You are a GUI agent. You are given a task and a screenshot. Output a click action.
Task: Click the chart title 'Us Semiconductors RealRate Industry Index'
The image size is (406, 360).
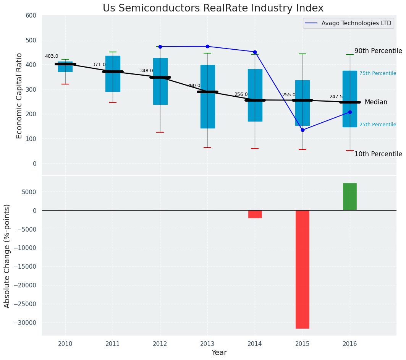point(213,8)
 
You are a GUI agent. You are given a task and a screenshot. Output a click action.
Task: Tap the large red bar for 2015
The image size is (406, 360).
point(302,269)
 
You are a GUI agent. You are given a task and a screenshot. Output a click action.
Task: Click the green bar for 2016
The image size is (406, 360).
point(350,197)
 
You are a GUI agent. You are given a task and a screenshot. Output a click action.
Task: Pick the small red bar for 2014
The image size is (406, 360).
point(255,214)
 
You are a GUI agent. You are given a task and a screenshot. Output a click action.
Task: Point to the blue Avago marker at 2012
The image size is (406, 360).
point(160,47)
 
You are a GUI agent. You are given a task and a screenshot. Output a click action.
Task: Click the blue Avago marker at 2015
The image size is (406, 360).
point(302,130)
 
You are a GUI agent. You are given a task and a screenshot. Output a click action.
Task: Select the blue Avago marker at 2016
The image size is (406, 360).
point(350,112)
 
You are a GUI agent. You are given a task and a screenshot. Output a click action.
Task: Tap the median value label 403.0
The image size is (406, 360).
point(52,56)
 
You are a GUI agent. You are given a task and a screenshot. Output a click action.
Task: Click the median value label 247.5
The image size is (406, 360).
point(336,97)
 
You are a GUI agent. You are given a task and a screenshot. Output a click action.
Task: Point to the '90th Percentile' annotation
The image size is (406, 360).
point(378,51)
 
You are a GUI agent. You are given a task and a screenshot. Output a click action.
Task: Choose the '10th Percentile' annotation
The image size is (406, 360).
point(378,154)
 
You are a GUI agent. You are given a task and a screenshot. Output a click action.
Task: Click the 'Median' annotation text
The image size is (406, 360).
point(376,102)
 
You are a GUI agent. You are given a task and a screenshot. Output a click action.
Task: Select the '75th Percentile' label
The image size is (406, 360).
point(377,73)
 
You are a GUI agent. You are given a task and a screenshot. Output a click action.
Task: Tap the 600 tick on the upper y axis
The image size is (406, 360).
point(31,15)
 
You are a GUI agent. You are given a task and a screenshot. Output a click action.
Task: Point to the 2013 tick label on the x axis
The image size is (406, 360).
point(207,344)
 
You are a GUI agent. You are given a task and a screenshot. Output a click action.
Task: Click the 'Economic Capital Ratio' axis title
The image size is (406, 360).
point(19,96)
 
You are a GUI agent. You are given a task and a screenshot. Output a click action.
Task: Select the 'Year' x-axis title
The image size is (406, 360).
point(219,353)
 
